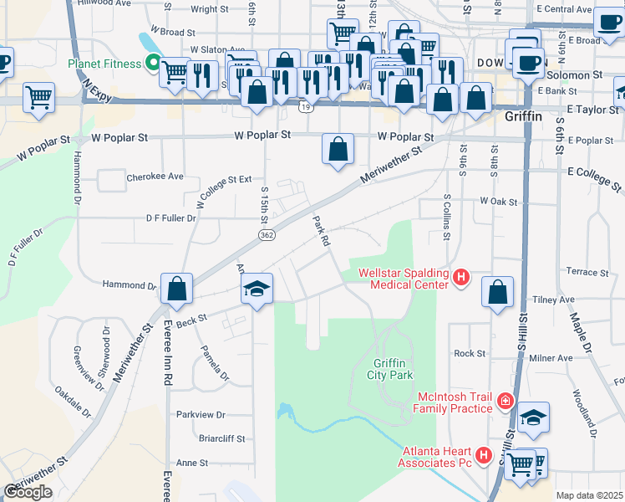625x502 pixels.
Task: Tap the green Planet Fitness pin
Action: coord(153,61)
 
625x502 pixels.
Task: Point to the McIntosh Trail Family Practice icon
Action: coord(505,403)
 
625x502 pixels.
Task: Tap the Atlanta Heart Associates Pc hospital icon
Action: coord(482,456)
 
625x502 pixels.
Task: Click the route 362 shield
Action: coord(267,236)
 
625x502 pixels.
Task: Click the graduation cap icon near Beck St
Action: coord(257,289)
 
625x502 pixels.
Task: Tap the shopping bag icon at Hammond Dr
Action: coord(177,289)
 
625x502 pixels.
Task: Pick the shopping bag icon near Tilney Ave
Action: coord(497,293)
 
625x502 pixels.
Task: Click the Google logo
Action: coord(28,492)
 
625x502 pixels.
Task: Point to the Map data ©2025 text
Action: coord(589,495)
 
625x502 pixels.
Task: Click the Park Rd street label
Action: coord(321,232)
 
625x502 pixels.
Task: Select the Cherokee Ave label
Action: coord(154,177)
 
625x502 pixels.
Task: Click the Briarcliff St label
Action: coord(198,438)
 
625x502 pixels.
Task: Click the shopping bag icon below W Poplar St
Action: coord(337,151)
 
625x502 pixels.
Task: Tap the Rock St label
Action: coord(470,354)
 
